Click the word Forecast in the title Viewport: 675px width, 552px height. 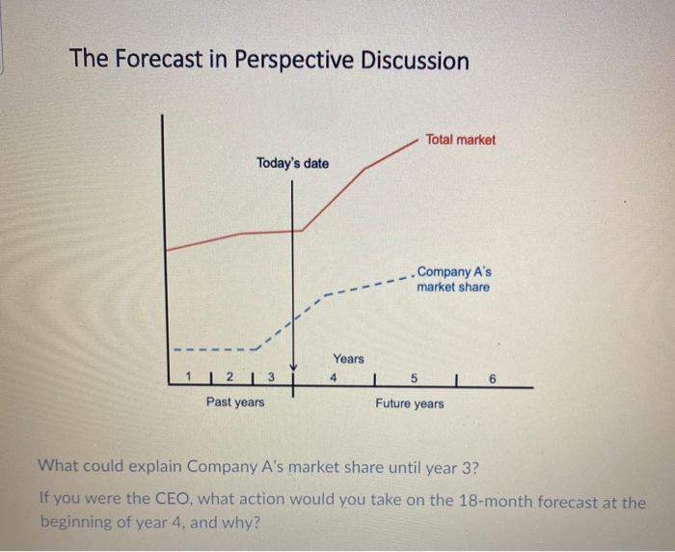click(150, 61)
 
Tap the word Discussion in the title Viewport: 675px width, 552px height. click(416, 61)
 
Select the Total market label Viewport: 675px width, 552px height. click(460, 140)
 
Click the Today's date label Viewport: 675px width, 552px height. click(292, 163)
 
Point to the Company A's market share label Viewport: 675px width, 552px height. click(453, 280)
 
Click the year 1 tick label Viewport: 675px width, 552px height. click(191, 376)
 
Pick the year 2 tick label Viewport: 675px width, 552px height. click(229, 376)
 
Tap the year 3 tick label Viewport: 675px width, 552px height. click(271, 376)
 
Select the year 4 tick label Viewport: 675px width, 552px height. click(334, 377)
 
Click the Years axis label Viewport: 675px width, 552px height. click(349, 359)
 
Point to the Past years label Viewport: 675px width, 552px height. click(234, 401)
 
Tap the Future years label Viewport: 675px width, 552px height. click(410, 402)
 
